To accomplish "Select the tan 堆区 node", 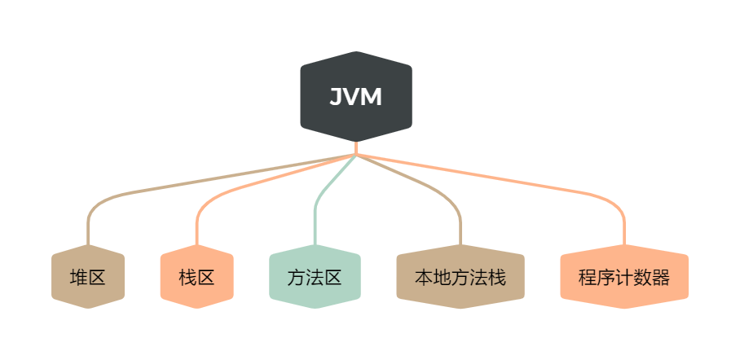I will click(x=88, y=277).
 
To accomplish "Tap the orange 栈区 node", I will click(x=196, y=277).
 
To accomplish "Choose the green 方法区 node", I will click(x=315, y=277).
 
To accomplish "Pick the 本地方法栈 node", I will click(x=460, y=277).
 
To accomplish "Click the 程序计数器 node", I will click(x=624, y=277).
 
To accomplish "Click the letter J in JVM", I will click(x=335, y=97).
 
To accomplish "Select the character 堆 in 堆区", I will click(x=79, y=277).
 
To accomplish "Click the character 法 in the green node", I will click(x=315, y=277).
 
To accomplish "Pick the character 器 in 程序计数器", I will click(x=661, y=277).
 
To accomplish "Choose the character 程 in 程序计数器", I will click(x=588, y=277).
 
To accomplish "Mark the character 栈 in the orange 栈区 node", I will click(x=187, y=277).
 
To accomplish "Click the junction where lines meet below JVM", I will click(x=356, y=154).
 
